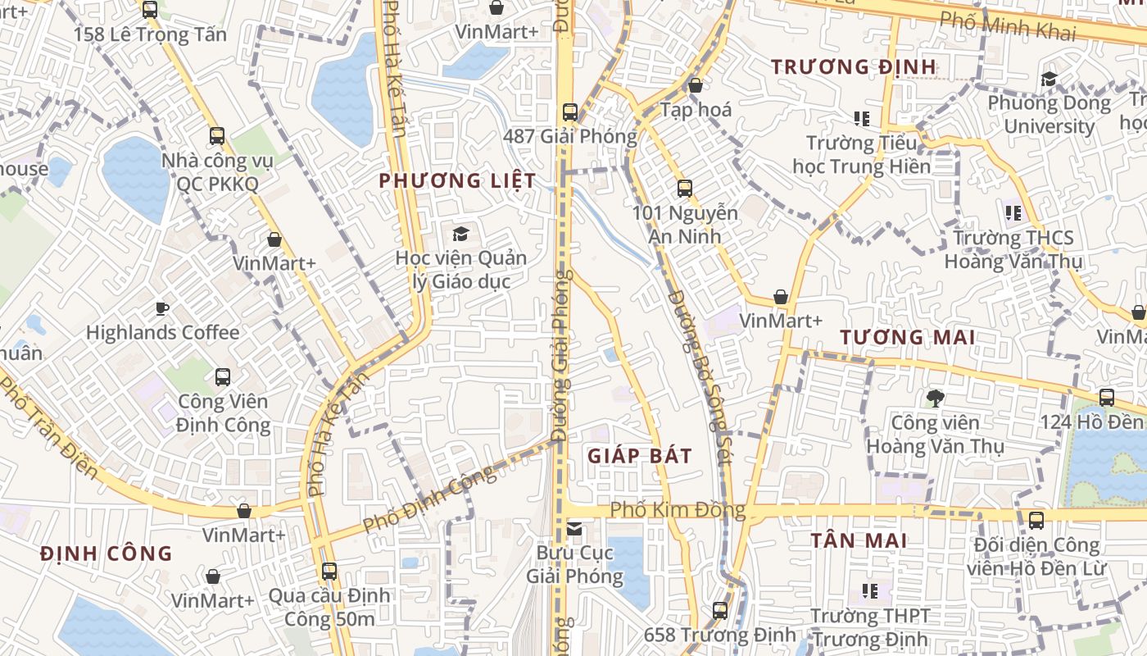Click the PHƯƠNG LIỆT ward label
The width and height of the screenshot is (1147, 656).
[457, 180]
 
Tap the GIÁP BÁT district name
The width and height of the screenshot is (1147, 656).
[640, 456]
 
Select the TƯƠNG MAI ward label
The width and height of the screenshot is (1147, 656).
[908, 337]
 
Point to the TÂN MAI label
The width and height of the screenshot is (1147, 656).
[859, 540]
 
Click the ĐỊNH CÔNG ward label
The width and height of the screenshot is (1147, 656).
[107, 553]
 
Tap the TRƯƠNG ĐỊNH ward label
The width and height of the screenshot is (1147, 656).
[854, 66]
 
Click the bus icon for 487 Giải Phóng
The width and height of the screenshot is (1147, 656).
[570, 112]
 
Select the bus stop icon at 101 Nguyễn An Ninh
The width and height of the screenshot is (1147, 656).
[685, 189]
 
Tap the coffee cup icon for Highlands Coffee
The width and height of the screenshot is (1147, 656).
[162, 308]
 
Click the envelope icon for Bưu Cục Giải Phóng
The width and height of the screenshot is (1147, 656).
[574, 529]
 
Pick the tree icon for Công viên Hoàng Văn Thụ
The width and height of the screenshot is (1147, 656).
[935, 399]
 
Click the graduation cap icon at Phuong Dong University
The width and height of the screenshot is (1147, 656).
[1049, 80]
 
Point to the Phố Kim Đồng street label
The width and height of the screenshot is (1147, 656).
[678, 511]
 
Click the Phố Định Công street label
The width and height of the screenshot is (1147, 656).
[429, 497]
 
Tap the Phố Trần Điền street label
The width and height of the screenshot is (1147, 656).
[48, 428]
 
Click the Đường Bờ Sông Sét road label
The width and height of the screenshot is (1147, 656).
[699, 377]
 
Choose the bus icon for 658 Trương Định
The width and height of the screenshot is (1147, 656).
[719, 610]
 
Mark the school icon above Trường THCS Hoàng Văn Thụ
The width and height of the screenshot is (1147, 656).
[1013, 213]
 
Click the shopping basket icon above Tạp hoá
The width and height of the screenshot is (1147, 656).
[696, 85]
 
